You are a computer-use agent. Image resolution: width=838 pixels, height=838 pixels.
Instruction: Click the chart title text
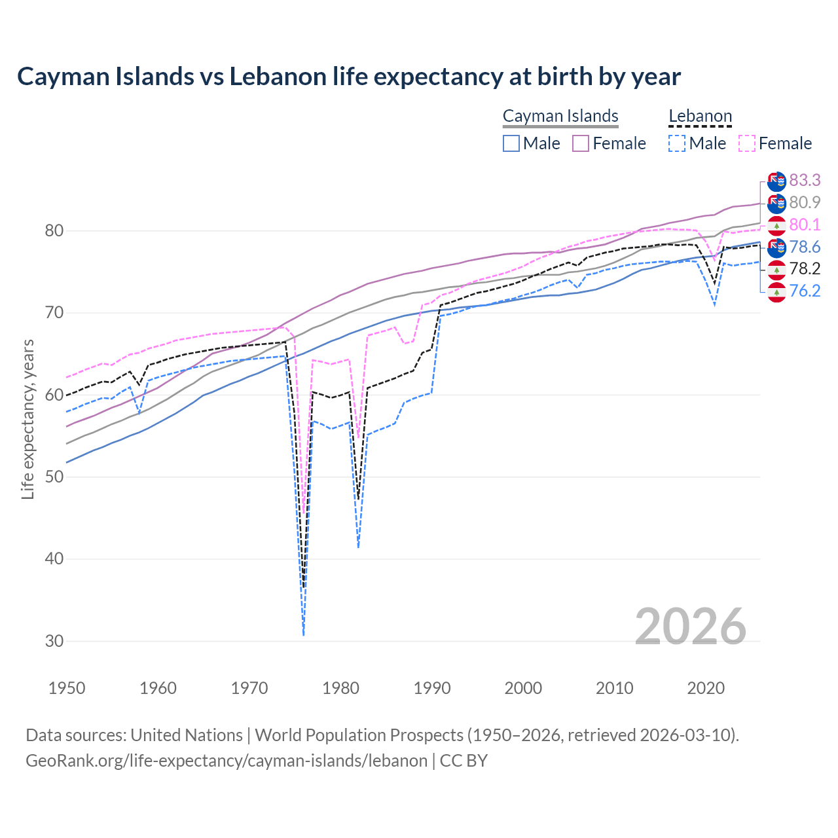pyautogui.click(x=349, y=77)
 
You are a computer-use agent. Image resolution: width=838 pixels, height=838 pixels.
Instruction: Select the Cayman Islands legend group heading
pyautogui.click(x=560, y=117)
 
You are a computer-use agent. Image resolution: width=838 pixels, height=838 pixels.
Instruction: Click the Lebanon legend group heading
pyautogui.click(x=700, y=117)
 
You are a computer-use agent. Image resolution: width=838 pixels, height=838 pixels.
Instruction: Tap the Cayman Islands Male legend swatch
pyautogui.click(x=511, y=143)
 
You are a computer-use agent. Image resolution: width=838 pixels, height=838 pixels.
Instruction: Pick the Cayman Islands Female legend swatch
pyautogui.click(x=581, y=143)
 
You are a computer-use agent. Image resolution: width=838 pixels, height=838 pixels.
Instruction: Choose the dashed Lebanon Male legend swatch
pyautogui.click(x=677, y=143)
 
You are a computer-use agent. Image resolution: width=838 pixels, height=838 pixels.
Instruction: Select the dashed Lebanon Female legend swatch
pyautogui.click(x=747, y=143)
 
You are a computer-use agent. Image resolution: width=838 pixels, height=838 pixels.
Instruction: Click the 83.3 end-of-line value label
pyautogui.click(x=805, y=180)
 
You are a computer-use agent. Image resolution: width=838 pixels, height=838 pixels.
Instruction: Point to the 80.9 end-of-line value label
pyautogui.click(x=805, y=202)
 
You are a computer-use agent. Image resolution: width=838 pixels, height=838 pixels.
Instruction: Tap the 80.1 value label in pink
pyautogui.click(x=805, y=225)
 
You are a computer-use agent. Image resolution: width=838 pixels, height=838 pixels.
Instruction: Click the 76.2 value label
pyautogui.click(x=805, y=291)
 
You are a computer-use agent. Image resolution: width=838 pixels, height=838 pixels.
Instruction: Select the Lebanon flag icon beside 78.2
pyautogui.click(x=776, y=269)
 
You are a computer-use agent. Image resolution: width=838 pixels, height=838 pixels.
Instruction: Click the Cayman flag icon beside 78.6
pyautogui.click(x=776, y=247)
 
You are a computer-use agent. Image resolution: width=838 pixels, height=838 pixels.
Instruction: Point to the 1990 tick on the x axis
pyautogui.click(x=432, y=688)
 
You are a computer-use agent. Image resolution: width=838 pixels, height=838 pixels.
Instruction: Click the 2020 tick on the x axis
pyautogui.click(x=706, y=688)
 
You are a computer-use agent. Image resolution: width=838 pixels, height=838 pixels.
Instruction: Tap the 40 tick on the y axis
pyautogui.click(x=54, y=559)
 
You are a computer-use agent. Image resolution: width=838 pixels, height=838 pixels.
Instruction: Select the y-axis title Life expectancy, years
pyautogui.click(x=28, y=419)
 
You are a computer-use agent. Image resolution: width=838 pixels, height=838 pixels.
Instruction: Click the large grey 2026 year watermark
pyautogui.click(x=690, y=627)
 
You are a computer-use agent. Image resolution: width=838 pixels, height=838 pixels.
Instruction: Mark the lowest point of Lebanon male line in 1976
pyautogui.click(x=304, y=634)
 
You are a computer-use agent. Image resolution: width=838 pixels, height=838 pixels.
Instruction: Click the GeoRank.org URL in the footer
pyautogui.click(x=227, y=761)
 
